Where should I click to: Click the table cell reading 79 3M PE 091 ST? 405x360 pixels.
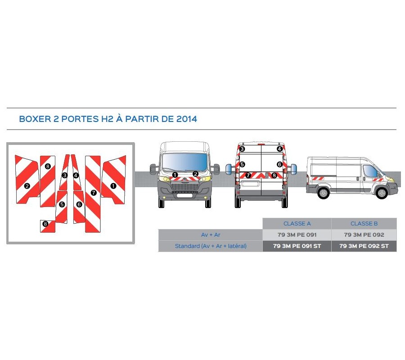tap(297, 246)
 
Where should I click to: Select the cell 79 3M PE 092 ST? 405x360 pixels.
tap(364, 246)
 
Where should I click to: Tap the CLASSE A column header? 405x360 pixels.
tap(297, 224)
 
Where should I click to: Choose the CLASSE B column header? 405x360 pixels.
tap(364, 224)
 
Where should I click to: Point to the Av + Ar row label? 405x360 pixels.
tap(211, 235)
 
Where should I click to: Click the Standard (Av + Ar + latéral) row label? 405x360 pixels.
tap(211, 246)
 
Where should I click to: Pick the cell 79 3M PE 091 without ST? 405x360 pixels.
tap(297, 235)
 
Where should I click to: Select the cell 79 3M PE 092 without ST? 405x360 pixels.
tap(364, 235)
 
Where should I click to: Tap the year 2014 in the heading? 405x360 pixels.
tap(186, 119)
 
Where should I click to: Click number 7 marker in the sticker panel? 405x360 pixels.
tap(93, 193)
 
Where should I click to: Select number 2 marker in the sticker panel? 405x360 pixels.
tap(27, 185)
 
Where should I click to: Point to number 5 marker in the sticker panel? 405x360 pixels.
tap(62, 204)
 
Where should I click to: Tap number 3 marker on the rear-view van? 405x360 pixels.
tap(242, 149)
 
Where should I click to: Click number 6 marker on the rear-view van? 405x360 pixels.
tap(279, 165)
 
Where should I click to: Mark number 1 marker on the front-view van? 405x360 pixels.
tap(175, 174)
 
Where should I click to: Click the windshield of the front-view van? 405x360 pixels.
tap(184, 161)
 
